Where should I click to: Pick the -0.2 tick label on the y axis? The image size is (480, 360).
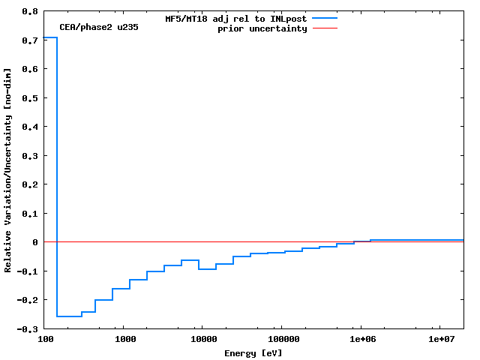(27, 300)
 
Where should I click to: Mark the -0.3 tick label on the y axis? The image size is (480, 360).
(27, 329)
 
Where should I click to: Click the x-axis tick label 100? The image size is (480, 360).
(45, 340)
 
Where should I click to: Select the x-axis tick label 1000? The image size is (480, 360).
(125, 340)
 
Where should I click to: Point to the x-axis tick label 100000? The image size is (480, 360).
(280, 340)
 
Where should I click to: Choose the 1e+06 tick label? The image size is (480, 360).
(361, 340)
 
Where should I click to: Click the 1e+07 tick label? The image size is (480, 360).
(442, 340)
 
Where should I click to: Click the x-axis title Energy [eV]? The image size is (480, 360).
(253, 352)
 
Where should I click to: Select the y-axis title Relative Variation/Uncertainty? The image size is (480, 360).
(8, 169)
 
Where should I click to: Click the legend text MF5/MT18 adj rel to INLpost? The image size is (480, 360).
(235, 18)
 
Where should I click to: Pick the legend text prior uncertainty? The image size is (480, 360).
(262, 28)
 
